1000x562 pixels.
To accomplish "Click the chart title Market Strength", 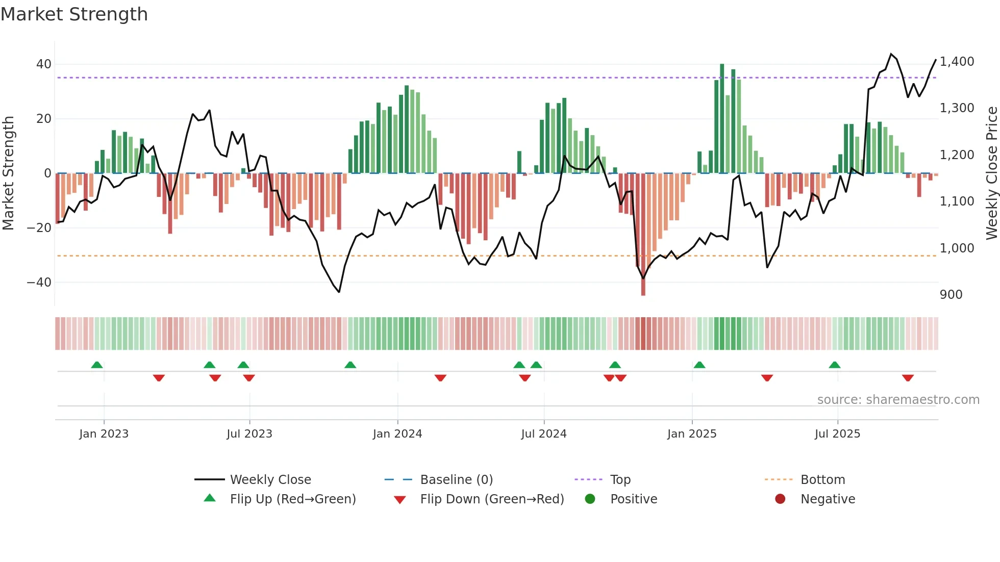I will [x=74, y=14].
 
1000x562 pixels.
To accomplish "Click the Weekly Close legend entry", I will [x=270, y=479].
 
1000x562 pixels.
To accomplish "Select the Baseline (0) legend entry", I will [x=456, y=479].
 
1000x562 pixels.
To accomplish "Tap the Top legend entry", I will [x=620, y=479].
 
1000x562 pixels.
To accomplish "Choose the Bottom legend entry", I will [x=822, y=479].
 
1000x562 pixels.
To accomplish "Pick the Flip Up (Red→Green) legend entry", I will [x=292, y=499].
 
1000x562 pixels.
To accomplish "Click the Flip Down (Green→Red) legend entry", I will [x=492, y=499].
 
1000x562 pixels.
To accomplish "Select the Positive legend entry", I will [x=633, y=499].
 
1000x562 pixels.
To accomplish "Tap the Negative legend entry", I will [x=828, y=499].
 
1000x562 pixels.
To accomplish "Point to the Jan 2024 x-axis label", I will [x=397, y=433].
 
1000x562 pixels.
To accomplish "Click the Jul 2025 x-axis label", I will [x=837, y=433].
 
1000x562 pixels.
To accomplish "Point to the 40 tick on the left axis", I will [x=44, y=64].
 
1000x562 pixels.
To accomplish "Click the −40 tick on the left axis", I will [x=39, y=282].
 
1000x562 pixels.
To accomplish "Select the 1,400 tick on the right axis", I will [x=957, y=62].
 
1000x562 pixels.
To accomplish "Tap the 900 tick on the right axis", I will [x=951, y=295].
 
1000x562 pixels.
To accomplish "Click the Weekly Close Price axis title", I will [x=991, y=173].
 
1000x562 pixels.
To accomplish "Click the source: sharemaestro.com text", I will [x=898, y=399].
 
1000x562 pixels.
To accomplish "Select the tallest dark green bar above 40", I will [x=722, y=117].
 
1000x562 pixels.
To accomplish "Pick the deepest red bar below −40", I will [x=643, y=235].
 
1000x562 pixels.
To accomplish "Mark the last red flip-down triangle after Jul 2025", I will [x=908, y=378].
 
